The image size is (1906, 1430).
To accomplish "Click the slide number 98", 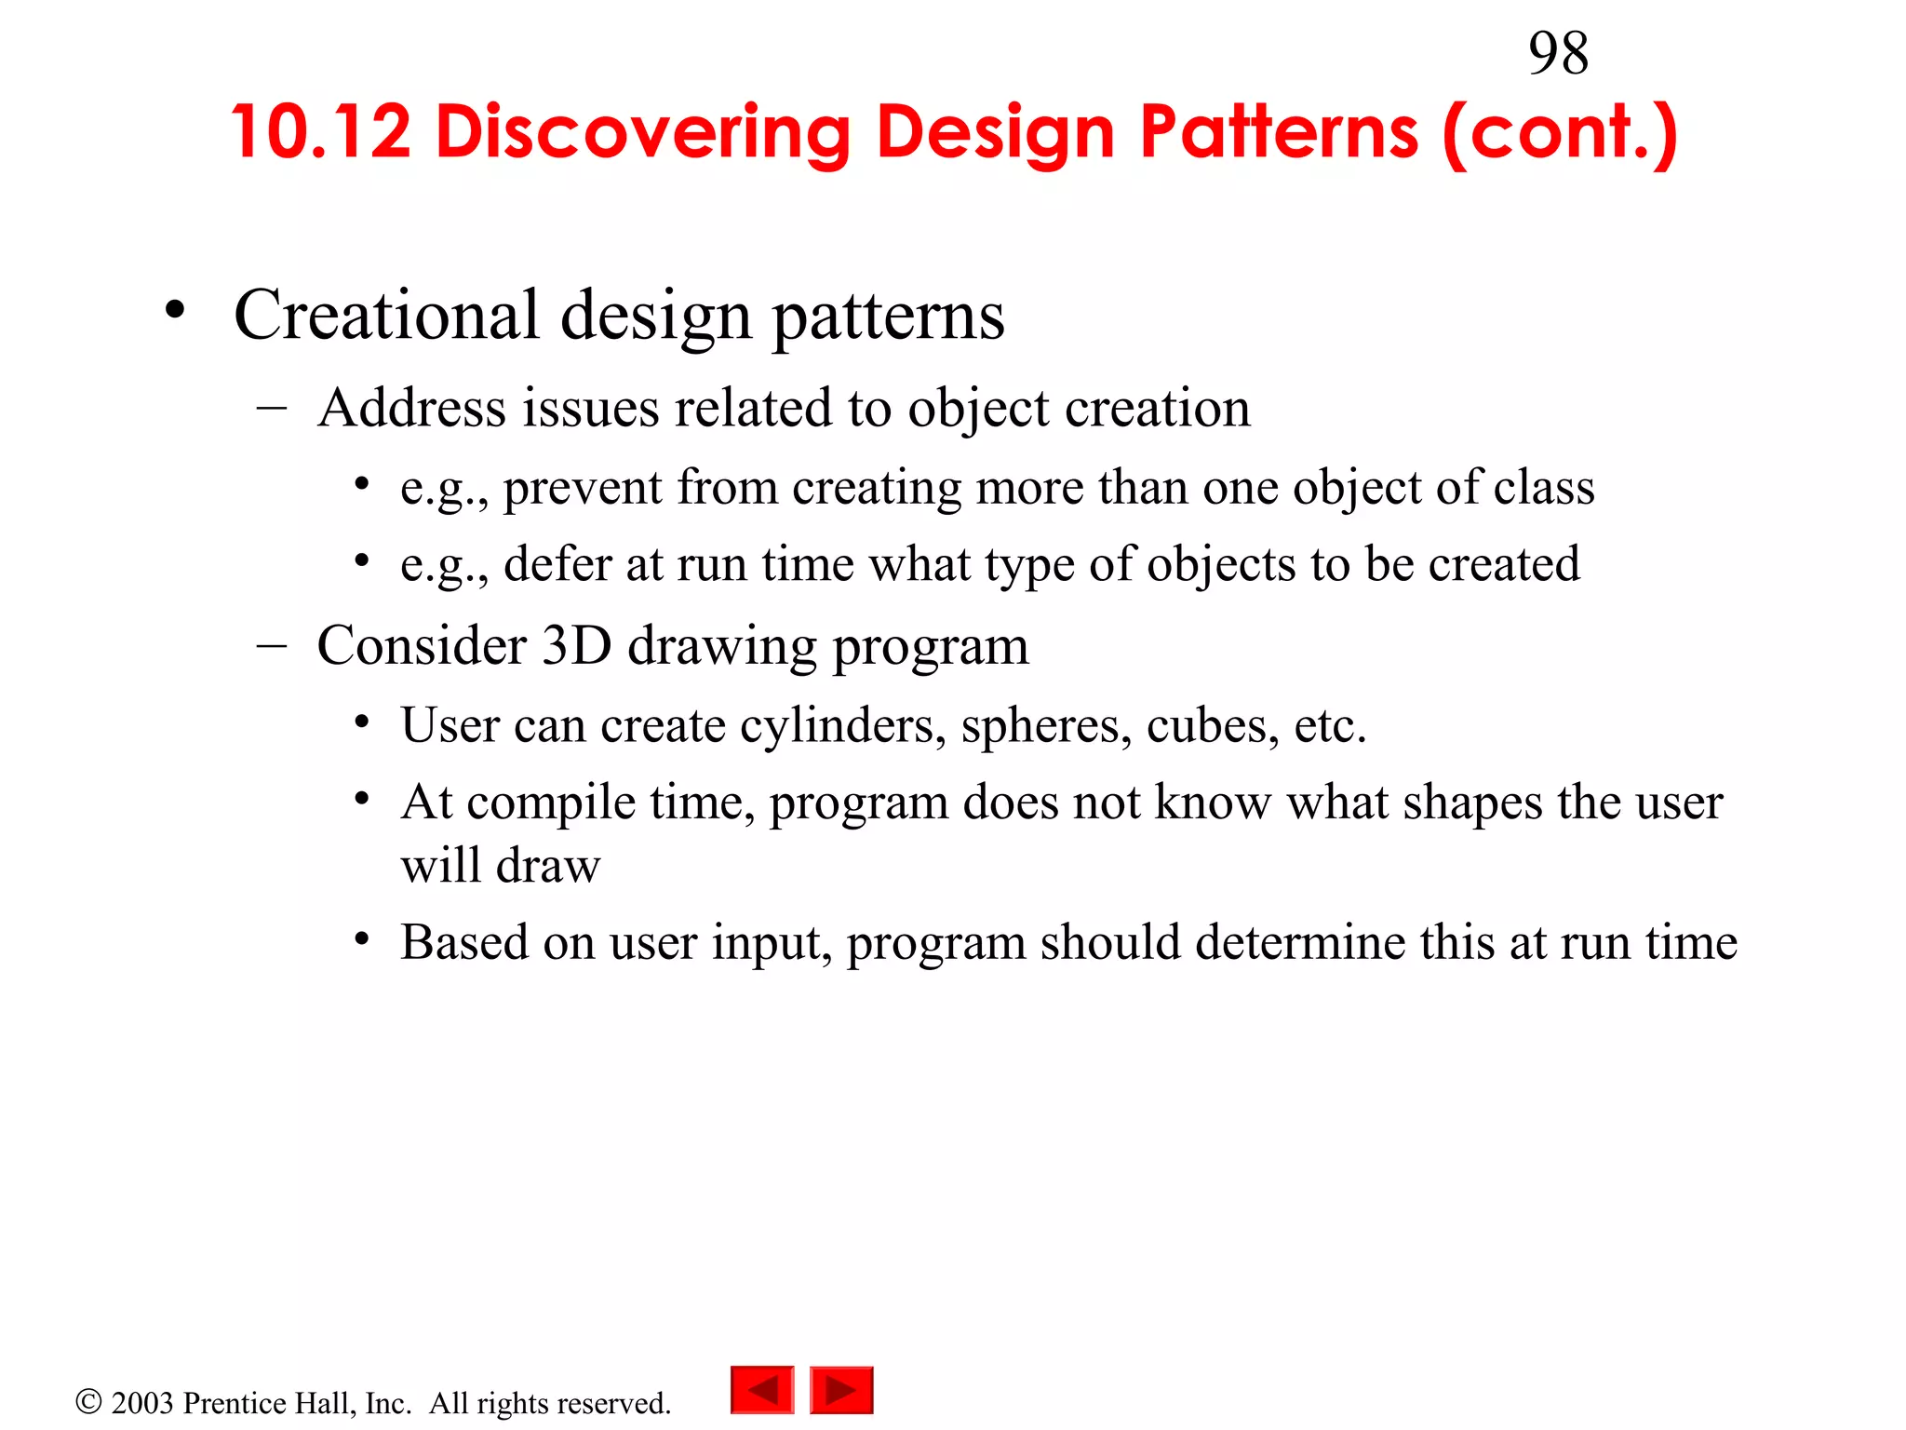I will (1558, 54).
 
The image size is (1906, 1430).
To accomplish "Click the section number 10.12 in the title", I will (321, 131).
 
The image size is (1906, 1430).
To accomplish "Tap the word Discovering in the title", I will (643, 131).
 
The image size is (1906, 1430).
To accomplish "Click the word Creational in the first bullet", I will (386, 315).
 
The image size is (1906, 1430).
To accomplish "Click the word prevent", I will (583, 488).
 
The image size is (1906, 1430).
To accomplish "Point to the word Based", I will (463, 942).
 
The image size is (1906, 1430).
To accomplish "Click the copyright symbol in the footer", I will (88, 1401).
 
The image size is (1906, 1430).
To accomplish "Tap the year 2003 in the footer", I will (142, 1403).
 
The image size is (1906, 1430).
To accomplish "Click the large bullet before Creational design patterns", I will (174, 311).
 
